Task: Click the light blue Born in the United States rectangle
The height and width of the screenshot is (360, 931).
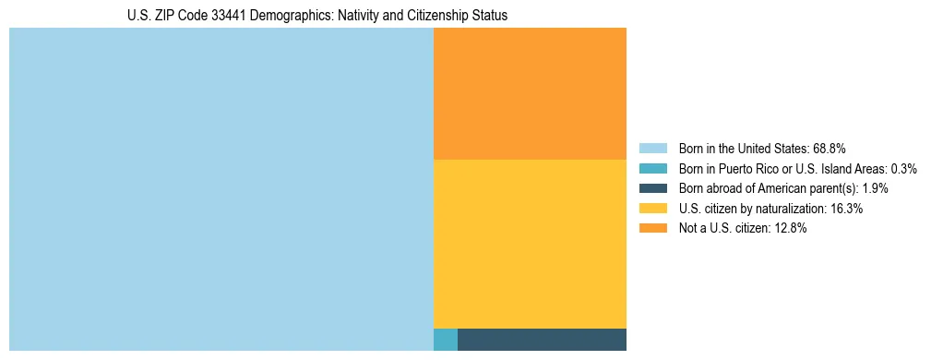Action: (x=221, y=189)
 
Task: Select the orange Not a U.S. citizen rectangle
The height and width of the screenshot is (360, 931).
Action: (x=530, y=93)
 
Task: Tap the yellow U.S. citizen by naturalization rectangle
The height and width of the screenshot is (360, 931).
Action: (x=530, y=244)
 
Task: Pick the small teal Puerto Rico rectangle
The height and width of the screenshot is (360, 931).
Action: (x=446, y=339)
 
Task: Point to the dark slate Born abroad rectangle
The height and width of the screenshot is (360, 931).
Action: (x=542, y=339)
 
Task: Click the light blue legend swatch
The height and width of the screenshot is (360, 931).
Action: (x=652, y=149)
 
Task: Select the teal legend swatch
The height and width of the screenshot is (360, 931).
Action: (x=652, y=169)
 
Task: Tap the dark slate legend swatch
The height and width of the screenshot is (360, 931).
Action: (x=652, y=188)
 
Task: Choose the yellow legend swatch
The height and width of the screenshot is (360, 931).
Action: (x=652, y=209)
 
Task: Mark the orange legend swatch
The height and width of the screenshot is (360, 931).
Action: (x=652, y=229)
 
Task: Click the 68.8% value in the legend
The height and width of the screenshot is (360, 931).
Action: (x=830, y=149)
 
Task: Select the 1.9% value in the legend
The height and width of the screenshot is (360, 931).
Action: (x=875, y=188)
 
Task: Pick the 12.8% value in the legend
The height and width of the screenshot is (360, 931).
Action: (x=791, y=229)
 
